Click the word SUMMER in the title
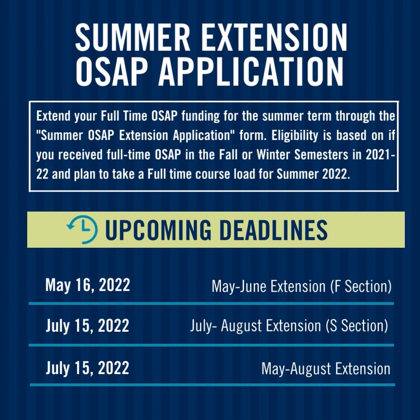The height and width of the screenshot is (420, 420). tap(133, 37)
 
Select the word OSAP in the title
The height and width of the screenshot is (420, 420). tap(112, 72)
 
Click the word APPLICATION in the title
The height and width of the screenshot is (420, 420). tap(251, 72)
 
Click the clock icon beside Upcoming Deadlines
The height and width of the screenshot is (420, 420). tap(82, 229)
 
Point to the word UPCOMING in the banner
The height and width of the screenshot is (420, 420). tap(158, 230)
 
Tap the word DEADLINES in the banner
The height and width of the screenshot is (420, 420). tap(273, 230)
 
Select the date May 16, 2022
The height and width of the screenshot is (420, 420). tap(87, 285)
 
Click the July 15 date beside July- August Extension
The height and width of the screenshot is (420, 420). tap(87, 326)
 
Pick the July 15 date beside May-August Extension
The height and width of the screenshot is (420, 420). tap(87, 368)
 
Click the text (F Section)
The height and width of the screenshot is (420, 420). tap(361, 286)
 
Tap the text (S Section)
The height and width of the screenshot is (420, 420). tap(357, 326)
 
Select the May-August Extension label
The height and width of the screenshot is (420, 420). tap(326, 369)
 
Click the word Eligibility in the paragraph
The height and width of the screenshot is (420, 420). tap(295, 135)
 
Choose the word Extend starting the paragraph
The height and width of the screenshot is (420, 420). tap(53, 116)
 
